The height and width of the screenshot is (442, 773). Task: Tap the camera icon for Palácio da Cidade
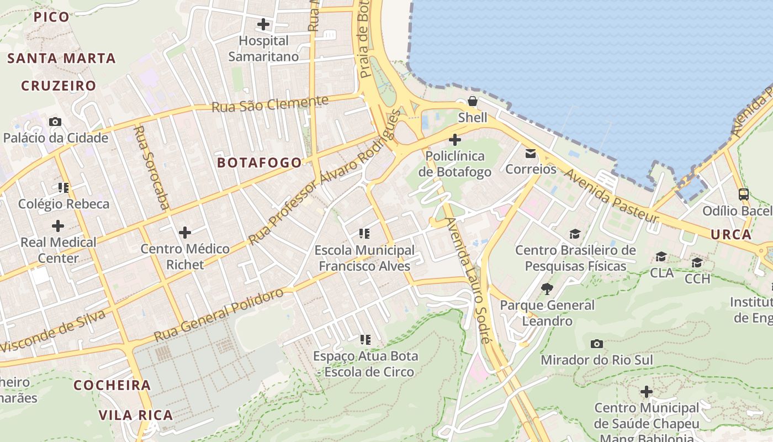(55, 122)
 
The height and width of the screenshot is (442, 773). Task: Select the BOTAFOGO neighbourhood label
(260, 162)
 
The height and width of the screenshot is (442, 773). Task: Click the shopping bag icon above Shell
(473, 101)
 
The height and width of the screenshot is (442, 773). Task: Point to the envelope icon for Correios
(531, 153)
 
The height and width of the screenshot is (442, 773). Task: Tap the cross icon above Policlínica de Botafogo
(455, 140)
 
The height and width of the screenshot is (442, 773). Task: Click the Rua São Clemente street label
(270, 103)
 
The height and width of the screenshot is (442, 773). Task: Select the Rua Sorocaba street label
(151, 167)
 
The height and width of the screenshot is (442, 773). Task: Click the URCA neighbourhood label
(731, 234)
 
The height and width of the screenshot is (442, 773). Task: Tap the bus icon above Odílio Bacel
(744, 194)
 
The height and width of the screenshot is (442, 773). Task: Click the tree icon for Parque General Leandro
(547, 288)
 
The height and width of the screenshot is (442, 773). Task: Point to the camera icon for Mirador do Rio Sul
(596, 344)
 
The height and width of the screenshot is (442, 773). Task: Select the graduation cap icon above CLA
(661, 256)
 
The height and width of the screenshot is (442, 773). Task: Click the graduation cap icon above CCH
(697, 262)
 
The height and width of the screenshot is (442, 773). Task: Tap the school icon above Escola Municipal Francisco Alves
(364, 234)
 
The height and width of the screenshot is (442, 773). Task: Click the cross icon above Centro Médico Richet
(185, 232)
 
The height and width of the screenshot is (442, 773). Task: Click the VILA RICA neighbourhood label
(136, 415)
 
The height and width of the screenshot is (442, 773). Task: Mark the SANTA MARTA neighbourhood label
(61, 58)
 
